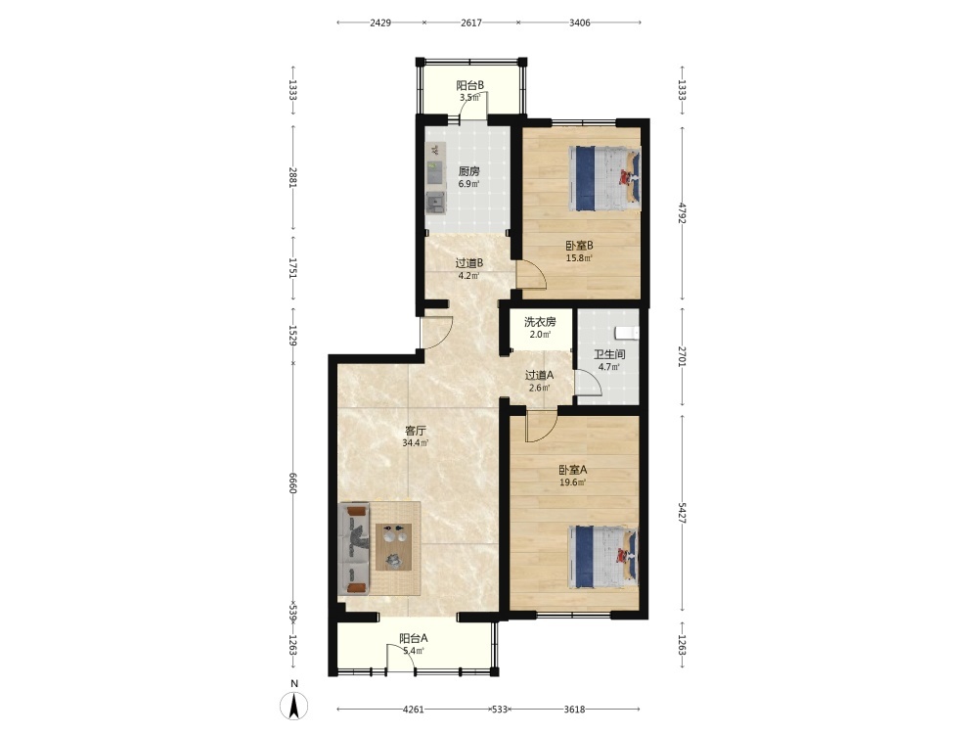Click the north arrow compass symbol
pyautogui.click(x=293, y=706)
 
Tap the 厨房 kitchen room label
pyautogui.click(x=469, y=171)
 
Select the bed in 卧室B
pyautogui.click(x=604, y=178)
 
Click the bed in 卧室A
pyautogui.click(x=603, y=558)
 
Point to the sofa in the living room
pyautogui.click(x=354, y=549)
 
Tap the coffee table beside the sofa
pyautogui.click(x=393, y=547)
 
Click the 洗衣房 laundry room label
pyautogui.click(x=540, y=322)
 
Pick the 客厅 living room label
pyautogui.click(x=416, y=431)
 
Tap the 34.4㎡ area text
pyautogui.click(x=416, y=443)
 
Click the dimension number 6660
pyautogui.click(x=292, y=482)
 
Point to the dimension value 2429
pyautogui.click(x=380, y=23)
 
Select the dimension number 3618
pyautogui.click(x=574, y=709)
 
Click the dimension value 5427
pyautogui.click(x=682, y=513)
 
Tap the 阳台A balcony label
pyautogui.click(x=414, y=638)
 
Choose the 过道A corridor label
pyautogui.click(x=540, y=375)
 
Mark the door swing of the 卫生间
pyautogui.click(x=588, y=382)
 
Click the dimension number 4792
pyautogui.click(x=682, y=213)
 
